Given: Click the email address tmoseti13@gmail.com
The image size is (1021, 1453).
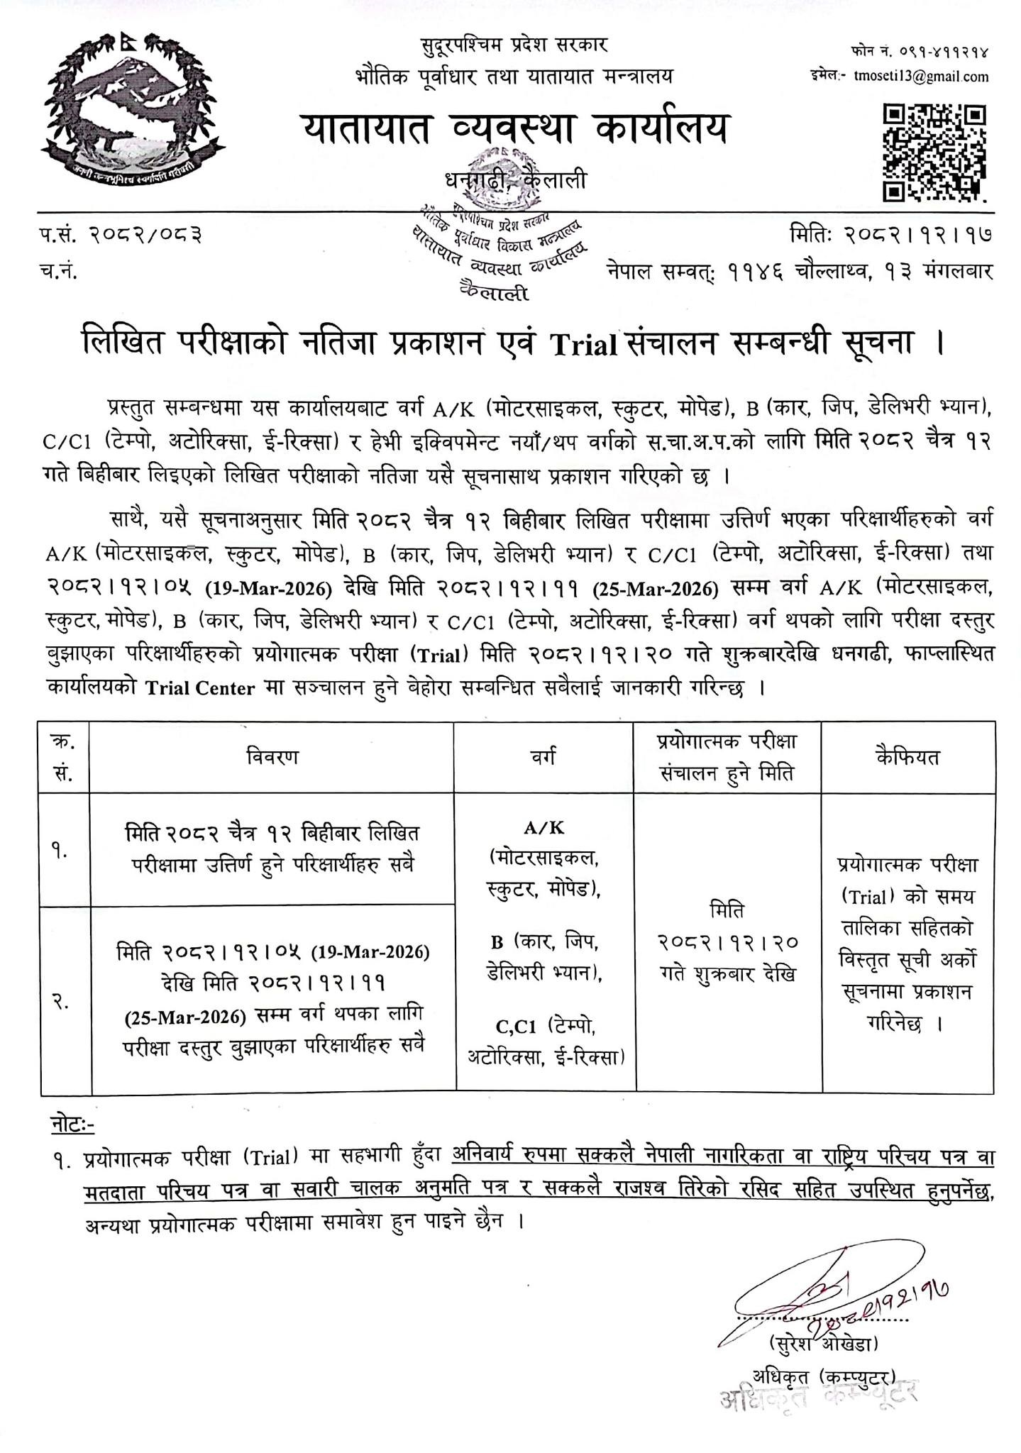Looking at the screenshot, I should pyautogui.click(x=921, y=77).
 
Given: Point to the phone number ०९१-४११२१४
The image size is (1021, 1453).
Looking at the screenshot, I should pyautogui.click(x=937, y=52).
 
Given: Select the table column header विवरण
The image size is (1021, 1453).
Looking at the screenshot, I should pyautogui.click(x=272, y=757).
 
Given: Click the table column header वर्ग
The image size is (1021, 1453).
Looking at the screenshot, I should pyautogui.click(x=543, y=757).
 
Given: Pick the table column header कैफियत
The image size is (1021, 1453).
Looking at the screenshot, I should pyautogui.click(x=907, y=757).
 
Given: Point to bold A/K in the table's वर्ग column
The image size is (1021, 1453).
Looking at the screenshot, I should pyautogui.click(x=543, y=828).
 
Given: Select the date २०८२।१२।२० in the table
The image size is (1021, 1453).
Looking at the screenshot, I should pyautogui.click(x=728, y=942).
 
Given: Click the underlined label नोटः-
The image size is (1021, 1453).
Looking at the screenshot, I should pyautogui.click(x=72, y=1125).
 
